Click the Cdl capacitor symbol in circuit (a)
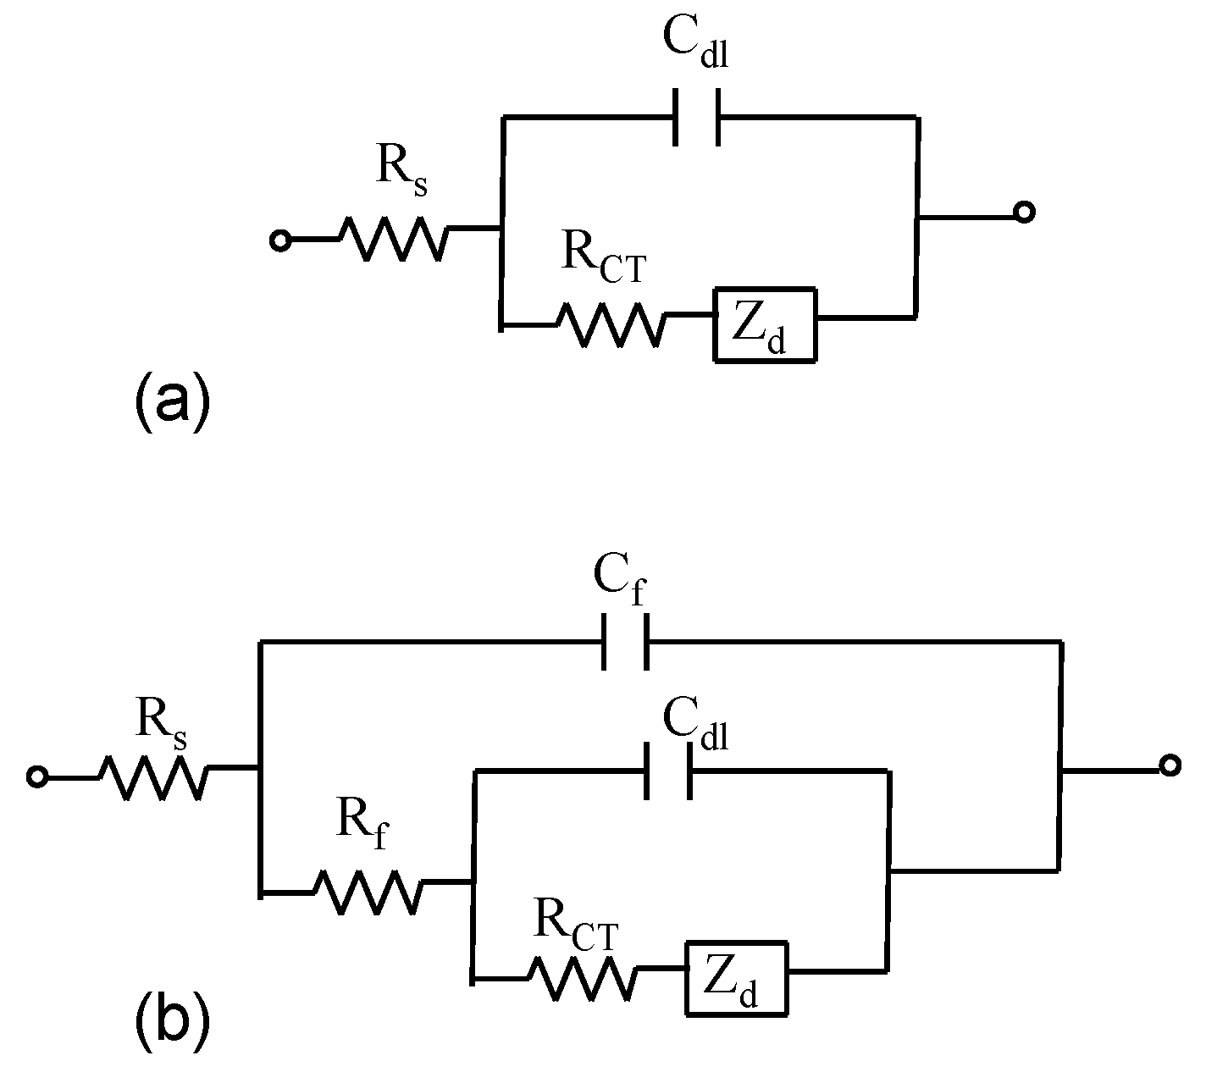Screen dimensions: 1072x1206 point(696,117)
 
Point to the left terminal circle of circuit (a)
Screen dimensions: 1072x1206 point(279,241)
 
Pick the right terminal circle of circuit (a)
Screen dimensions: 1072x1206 point(1024,213)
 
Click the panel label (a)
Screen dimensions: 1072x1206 point(170,401)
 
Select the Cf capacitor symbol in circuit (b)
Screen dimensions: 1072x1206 point(625,642)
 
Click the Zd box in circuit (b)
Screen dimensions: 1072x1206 point(737,977)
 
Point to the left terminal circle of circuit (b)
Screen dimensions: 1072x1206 point(36,776)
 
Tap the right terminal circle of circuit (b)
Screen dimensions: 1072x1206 point(1170,765)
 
